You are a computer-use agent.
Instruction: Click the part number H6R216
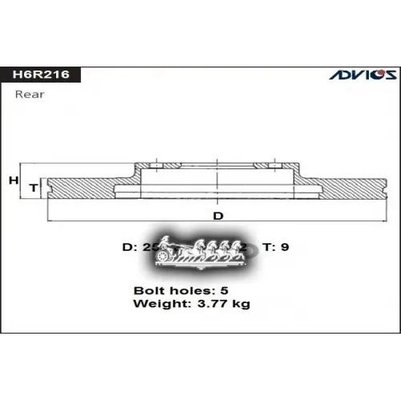tap(40, 75)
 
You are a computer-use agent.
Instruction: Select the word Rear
tap(30, 95)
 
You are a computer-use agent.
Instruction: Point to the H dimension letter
tap(13, 181)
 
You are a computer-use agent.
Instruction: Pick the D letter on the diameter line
tap(217, 216)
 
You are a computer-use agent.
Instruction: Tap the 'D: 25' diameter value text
tap(138, 248)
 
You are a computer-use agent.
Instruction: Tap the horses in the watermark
tap(213, 249)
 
